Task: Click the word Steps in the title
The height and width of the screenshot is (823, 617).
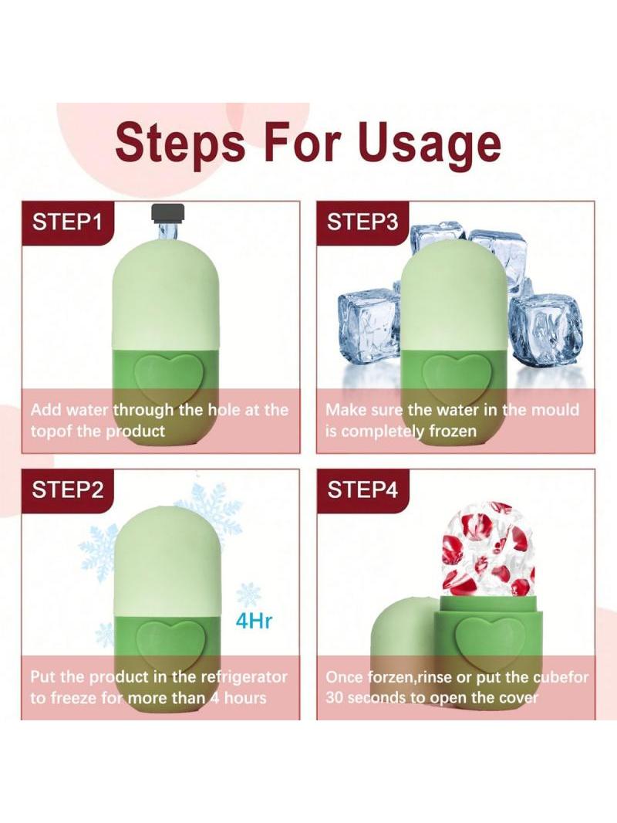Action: pos(180,142)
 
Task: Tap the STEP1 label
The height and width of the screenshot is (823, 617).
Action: pos(66,222)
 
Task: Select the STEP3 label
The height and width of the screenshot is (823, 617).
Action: pos(362,222)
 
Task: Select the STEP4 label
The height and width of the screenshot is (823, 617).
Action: pos(362,489)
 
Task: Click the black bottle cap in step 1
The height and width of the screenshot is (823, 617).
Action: pos(168,212)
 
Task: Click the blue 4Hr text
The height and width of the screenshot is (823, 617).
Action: pos(255,621)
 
